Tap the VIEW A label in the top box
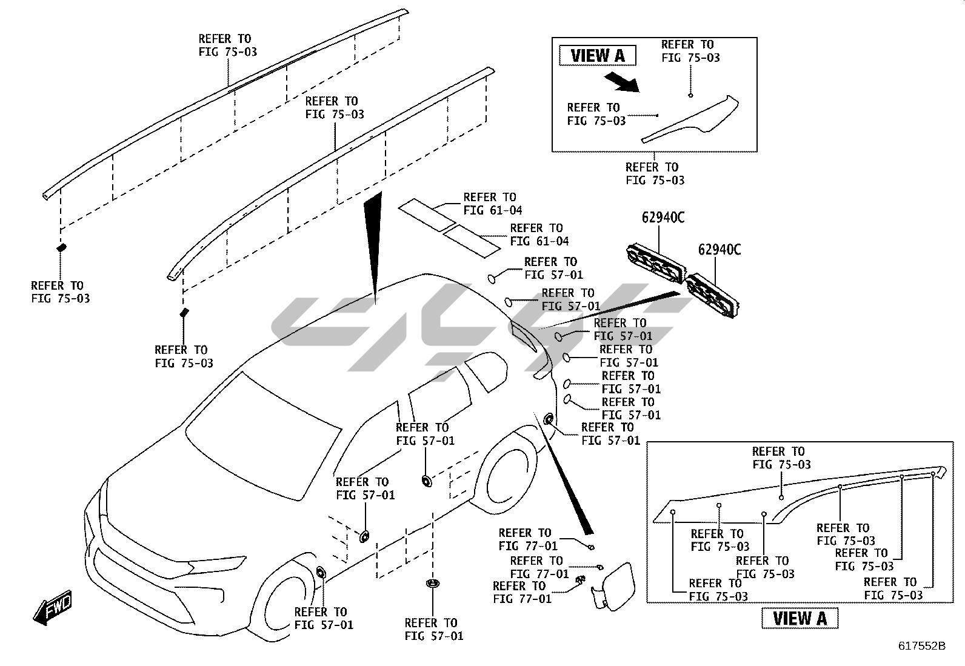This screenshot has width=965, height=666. (x=597, y=56)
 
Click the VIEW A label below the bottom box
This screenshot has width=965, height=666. (x=800, y=618)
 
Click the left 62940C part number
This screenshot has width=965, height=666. (x=663, y=218)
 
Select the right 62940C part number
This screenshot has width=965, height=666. (x=719, y=249)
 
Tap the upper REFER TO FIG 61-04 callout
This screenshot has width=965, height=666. (x=492, y=204)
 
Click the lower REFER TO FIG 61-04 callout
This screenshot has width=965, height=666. (x=539, y=235)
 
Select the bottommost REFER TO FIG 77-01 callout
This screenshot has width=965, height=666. (x=522, y=592)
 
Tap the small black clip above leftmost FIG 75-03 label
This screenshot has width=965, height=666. (x=61, y=247)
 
